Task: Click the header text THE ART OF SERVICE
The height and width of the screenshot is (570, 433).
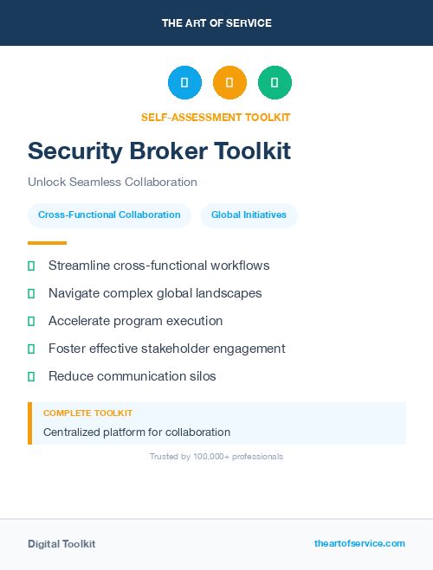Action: (216, 23)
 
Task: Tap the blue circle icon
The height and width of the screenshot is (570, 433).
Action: (184, 82)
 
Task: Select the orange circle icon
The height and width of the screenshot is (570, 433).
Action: (229, 82)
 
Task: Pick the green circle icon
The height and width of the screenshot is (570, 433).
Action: (275, 82)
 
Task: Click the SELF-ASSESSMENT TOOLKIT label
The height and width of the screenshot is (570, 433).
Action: (216, 118)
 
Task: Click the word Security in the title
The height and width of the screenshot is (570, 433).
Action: (74, 151)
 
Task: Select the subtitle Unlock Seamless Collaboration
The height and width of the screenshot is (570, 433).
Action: (113, 183)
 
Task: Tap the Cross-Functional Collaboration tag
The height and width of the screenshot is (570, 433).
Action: (109, 215)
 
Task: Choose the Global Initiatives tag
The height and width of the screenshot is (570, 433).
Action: (249, 215)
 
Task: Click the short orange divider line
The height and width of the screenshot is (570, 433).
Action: (47, 243)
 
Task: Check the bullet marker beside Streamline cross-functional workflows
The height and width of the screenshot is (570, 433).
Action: (31, 266)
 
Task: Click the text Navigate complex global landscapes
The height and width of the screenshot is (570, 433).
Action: (155, 293)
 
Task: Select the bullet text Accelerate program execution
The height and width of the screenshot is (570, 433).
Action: (135, 321)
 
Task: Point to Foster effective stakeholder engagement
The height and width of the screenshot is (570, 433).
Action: (166, 349)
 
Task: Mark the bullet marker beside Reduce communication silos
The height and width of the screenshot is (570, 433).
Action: (31, 376)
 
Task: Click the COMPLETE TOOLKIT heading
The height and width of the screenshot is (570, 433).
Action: (87, 413)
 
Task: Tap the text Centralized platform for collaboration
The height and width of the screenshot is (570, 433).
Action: (137, 432)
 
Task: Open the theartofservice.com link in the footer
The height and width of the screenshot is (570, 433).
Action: (359, 543)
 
